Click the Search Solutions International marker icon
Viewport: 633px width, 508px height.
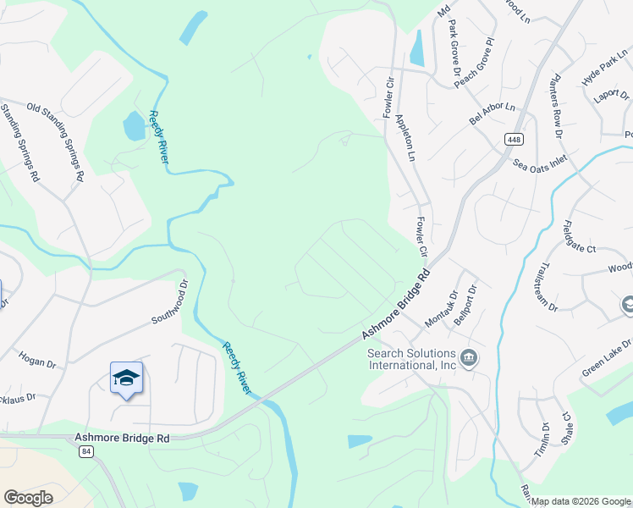pos(470,359)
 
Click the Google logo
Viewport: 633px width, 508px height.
pos(29,498)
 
